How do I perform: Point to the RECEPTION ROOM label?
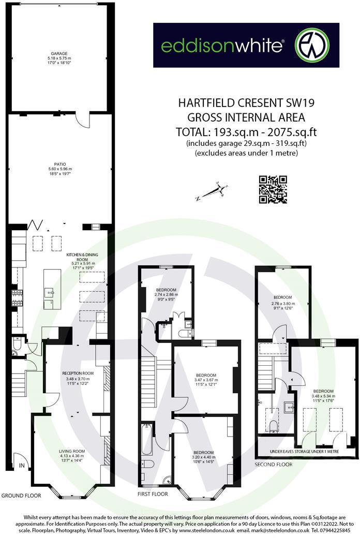(78, 373)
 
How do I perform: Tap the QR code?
(273, 190)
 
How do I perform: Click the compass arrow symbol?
(211, 192)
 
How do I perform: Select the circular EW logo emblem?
(312, 45)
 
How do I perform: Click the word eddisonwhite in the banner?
(222, 46)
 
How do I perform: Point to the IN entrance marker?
(21, 466)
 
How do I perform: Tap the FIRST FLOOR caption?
(153, 494)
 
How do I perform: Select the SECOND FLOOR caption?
(274, 465)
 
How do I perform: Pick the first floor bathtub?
(147, 440)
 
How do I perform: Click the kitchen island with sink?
(52, 289)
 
